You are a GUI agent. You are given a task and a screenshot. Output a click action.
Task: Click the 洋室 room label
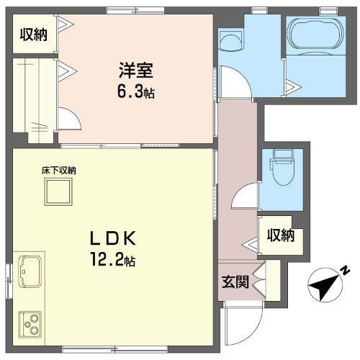[135, 72]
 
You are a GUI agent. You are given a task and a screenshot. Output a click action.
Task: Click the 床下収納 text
[58, 171]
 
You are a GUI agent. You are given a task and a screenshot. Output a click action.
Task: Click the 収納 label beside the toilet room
[280, 235]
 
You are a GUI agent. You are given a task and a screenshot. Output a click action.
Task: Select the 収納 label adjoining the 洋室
[33, 34]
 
